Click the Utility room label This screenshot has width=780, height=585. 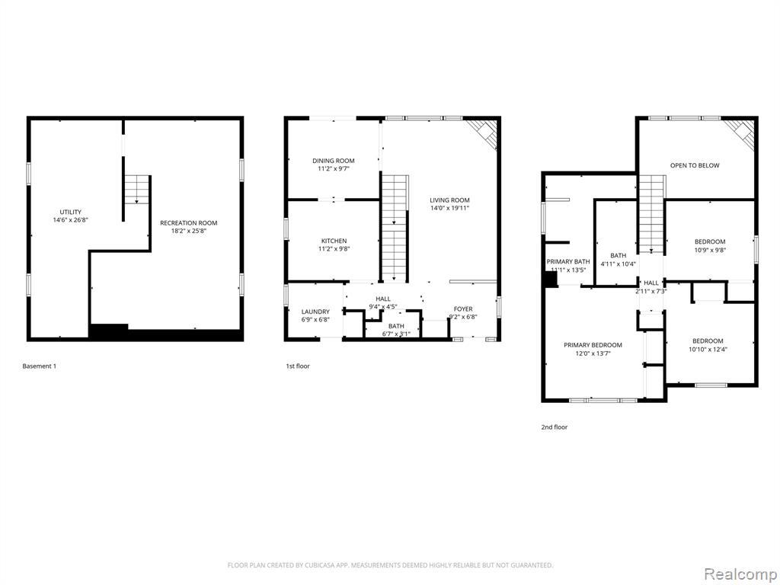[71, 212]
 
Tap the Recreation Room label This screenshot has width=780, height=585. [189, 223]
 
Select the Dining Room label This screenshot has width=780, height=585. [334, 161]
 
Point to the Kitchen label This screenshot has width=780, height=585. [334, 241]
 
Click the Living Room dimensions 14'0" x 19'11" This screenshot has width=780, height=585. [449, 209]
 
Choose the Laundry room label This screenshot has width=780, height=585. [315, 312]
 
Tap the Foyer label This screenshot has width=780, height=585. [463, 309]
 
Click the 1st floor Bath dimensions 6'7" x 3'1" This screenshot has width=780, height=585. [396, 334]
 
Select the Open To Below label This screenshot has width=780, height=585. [695, 165]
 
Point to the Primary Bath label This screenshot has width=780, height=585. [568, 262]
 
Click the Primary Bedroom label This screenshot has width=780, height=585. [593, 345]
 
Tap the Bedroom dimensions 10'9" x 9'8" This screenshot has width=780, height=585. [710, 250]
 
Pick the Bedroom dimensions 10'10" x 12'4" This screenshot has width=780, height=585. [708, 349]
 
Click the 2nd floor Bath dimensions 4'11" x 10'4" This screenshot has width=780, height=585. [619, 264]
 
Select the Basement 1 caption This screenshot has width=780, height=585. [40, 366]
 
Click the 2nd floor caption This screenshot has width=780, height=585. [555, 427]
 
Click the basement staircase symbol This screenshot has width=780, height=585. [137, 190]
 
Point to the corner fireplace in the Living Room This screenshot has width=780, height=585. [484, 133]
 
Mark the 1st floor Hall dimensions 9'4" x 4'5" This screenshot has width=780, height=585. [382, 306]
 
